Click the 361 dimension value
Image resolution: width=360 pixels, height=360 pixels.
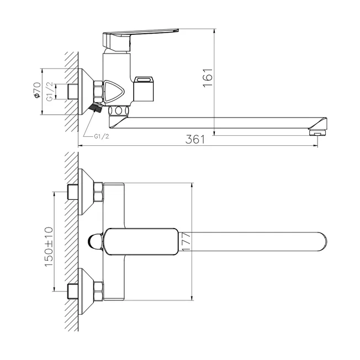click(195, 139)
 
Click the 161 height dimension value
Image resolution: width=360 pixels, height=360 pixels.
click(208, 78)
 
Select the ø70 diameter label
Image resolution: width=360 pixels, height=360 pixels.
click(37, 90)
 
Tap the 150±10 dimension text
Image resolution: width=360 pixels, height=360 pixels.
click(49, 247)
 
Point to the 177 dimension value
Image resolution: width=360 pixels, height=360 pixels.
click(186, 241)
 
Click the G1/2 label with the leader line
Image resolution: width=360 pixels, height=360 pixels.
click(102, 136)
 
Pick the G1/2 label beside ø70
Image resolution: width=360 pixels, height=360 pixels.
click(50, 91)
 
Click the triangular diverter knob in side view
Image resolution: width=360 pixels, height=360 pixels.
click(114, 91)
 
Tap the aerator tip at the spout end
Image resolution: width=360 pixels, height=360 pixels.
click(317, 133)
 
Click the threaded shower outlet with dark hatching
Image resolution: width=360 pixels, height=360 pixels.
click(97, 107)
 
